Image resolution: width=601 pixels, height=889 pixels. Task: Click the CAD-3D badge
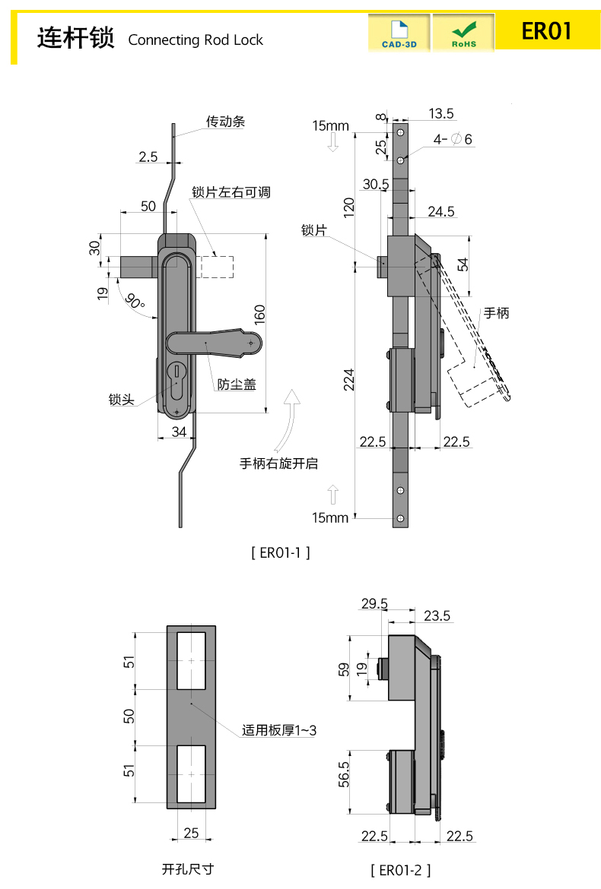coord(399,33)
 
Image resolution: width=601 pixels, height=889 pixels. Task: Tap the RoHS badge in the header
coord(463,33)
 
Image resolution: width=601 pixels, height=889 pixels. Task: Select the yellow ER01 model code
coord(545,31)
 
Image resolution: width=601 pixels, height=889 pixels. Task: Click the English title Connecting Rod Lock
coord(196,40)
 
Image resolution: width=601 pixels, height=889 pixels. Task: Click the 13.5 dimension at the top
coord(440,113)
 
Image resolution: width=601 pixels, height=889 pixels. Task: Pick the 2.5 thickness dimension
coord(148,157)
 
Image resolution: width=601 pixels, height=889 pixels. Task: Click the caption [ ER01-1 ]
coord(281,552)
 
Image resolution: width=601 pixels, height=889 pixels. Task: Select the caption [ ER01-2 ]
coord(400,869)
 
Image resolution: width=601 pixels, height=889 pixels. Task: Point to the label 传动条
coord(225,121)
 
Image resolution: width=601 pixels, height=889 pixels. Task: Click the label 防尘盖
coord(237,384)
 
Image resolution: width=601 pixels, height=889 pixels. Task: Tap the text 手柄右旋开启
coord(279,463)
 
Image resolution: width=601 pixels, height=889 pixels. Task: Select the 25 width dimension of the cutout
coord(191,833)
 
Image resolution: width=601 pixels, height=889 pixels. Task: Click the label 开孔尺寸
coord(188,869)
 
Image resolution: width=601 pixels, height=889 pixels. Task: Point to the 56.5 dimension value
coord(345,774)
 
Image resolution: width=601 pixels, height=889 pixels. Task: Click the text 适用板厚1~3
coord(279,730)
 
